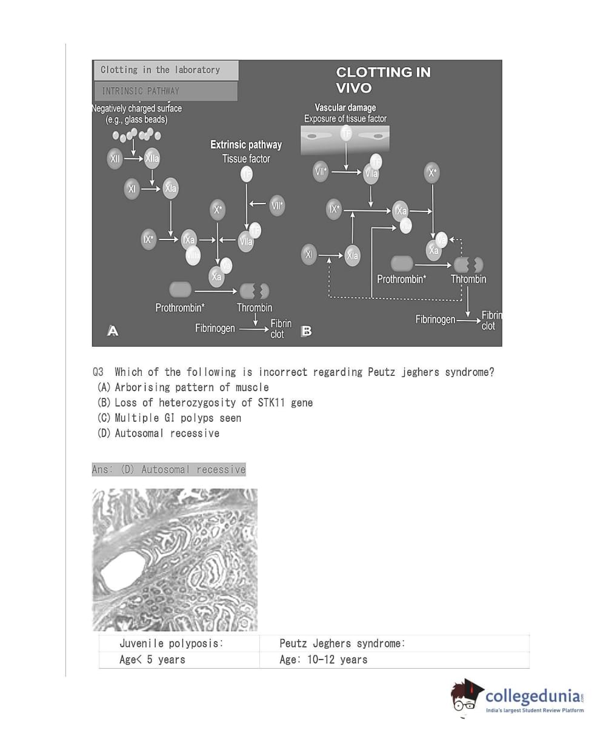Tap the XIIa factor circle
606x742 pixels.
[x=152, y=159]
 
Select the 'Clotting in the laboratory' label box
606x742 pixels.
[x=165, y=70]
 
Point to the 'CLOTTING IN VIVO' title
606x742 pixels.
[x=383, y=80]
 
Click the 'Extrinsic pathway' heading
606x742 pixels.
[x=246, y=145]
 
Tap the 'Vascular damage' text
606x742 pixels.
[x=345, y=108]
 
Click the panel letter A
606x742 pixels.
[x=113, y=331]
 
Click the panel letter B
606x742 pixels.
[x=307, y=331]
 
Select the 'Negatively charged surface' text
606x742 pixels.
[x=137, y=109]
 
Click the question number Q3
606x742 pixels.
[x=98, y=372]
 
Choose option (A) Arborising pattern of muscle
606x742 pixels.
[x=183, y=387]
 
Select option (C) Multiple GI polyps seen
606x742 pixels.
[x=169, y=418]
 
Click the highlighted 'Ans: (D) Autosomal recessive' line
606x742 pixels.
[x=169, y=470]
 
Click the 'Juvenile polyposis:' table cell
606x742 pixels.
[x=171, y=644]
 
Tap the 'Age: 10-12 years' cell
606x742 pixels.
[x=324, y=660]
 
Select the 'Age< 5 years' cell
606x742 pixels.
[x=152, y=660]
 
